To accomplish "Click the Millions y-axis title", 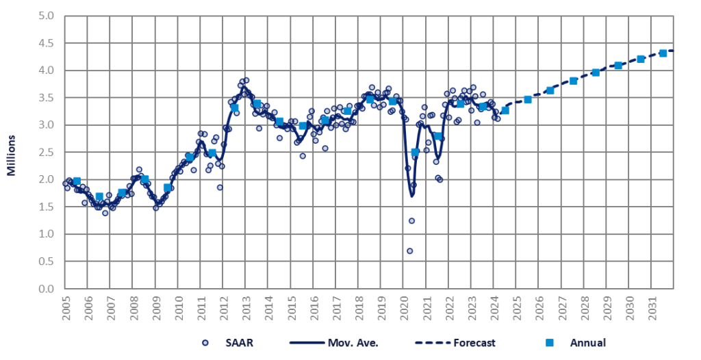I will (12, 152).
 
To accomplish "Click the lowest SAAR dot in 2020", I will (409, 251).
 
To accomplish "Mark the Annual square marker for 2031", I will (663, 53).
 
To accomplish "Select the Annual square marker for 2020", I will (415, 152).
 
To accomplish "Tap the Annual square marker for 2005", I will (77, 181).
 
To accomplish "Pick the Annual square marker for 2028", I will (596, 73).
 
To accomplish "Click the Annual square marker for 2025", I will (528, 100).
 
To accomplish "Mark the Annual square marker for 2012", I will (234, 107).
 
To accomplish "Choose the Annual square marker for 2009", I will (167, 188).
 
